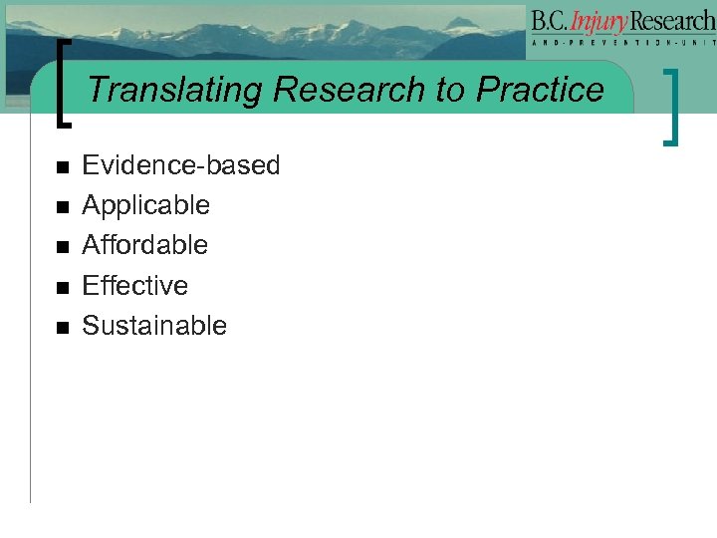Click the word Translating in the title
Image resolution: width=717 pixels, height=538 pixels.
pos(175,91)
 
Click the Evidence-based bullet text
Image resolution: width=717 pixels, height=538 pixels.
pos(180,165)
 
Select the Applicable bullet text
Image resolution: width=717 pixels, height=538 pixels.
pos(145,205)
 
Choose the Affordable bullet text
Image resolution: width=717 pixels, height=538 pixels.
pos(144,245)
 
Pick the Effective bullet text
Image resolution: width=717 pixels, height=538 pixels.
pos(134,286)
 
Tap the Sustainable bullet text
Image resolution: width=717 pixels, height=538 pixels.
pos(153,326)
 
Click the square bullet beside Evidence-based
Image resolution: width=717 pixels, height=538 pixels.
pos(62,167)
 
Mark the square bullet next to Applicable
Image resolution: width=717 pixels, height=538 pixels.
pos(62,207)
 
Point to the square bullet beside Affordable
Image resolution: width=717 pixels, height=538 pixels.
pos(62,247)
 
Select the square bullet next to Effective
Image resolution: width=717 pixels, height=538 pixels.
pos(62,288)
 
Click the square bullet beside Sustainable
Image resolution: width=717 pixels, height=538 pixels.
pos(62,328)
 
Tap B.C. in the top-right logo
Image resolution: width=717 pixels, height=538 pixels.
pos(552,20)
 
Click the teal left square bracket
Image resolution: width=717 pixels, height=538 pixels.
pos(65,84)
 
